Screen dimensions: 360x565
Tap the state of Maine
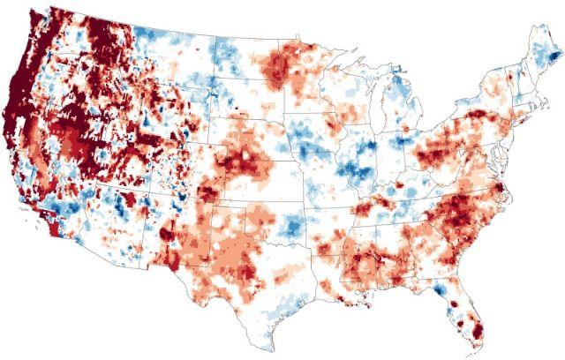[x=539, y=62]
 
